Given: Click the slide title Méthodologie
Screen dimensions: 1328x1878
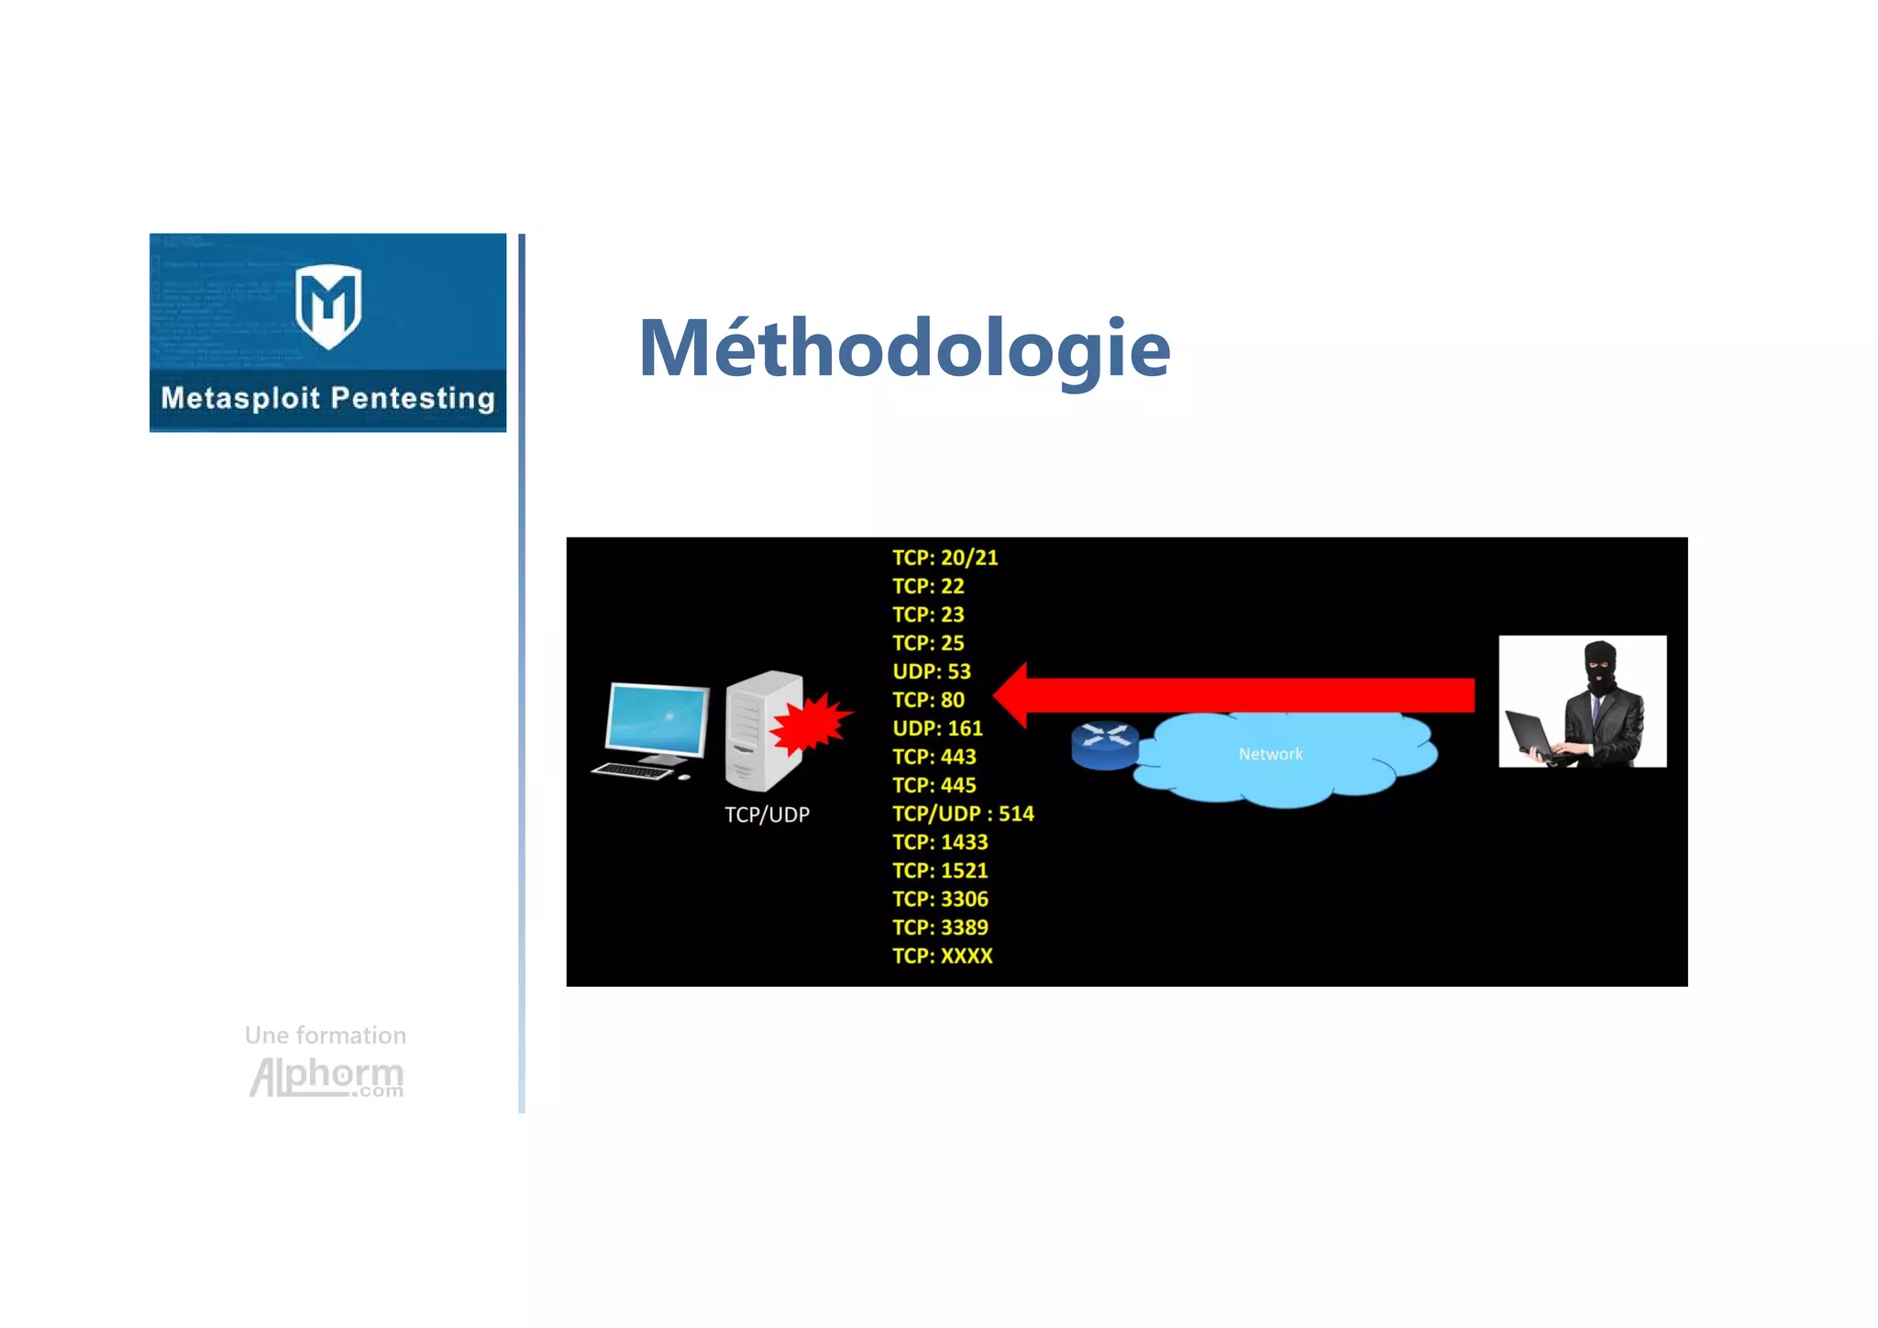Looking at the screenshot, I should tap(904, 349).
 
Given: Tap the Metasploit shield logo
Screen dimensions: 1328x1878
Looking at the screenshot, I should tap(328, 305).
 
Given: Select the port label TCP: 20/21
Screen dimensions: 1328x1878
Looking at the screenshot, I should tap(945, 558).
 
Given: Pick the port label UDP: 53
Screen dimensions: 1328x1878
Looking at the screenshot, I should tap(931, 671).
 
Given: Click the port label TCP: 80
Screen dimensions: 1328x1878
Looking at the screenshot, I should tap(928, 700).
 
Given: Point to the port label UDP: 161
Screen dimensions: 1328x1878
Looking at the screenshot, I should tap(937, 728).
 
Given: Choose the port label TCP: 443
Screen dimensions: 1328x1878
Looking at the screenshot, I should tap(933, 757).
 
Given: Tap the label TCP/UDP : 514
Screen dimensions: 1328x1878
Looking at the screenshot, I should tap(963, 813).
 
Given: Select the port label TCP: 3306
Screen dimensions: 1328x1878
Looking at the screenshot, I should tap(940, 899).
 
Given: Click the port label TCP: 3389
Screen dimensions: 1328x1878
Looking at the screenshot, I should tap(940, 927).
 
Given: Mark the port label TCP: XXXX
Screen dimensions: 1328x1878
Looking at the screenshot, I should tap(942, 956).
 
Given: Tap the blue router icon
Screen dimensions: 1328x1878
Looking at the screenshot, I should tap(1104, 745).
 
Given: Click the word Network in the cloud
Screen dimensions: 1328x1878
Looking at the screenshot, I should tap(1270, 754).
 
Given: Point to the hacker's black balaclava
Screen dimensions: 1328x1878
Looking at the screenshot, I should tap(1601, 667).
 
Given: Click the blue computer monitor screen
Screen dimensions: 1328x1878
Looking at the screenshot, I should tap(657, 719).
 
